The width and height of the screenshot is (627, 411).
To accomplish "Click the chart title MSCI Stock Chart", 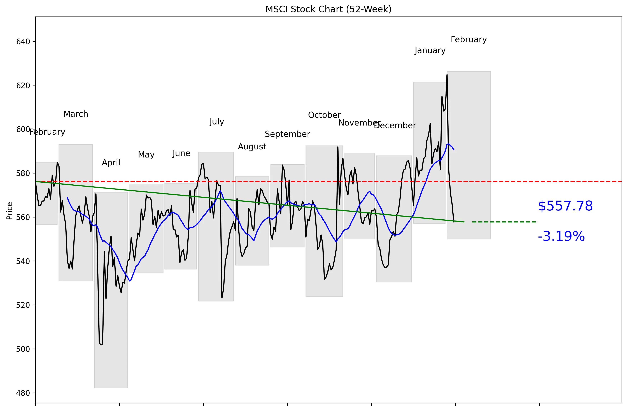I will coord(328,9).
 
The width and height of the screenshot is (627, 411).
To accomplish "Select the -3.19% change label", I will coord(561,236).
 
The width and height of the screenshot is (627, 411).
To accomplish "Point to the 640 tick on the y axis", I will coord(23,42).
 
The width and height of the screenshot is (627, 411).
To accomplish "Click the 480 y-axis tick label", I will coord(23,393).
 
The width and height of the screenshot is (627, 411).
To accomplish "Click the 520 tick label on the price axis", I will coord(23,305).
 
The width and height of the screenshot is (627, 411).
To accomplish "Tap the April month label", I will coord(111,162).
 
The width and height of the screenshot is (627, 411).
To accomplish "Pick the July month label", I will coord(216,122).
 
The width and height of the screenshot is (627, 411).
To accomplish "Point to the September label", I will coord(287,134).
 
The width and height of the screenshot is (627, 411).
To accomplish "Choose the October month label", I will coord(324,115).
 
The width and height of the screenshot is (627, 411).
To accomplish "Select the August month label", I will coord(252,147).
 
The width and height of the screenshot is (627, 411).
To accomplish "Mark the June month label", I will coord(181,153).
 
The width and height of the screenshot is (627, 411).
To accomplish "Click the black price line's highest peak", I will coord(447,75).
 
